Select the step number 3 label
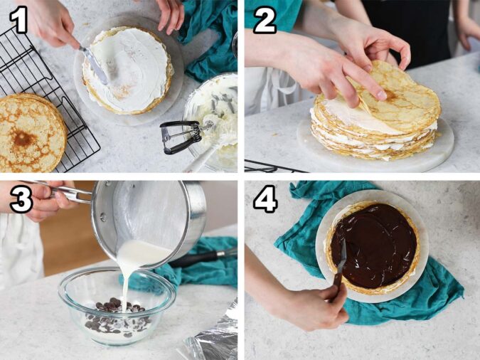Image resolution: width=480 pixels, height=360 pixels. (21, 200)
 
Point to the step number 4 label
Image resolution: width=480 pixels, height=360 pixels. (266, 200)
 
